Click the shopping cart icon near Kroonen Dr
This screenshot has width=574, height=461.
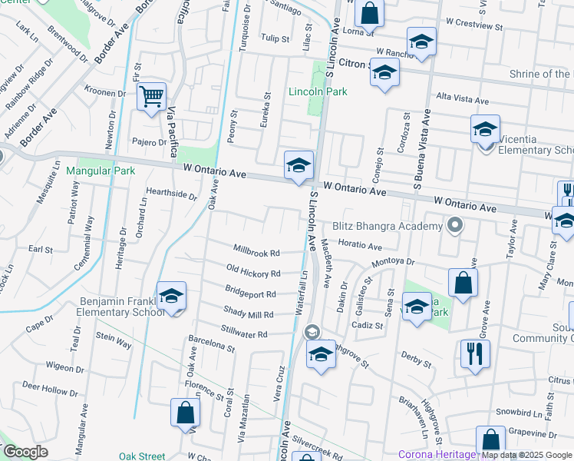[x=152, y=97]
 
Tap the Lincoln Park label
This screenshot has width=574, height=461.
[x=318, y=92]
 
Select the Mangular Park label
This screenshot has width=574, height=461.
[x=101, y=171]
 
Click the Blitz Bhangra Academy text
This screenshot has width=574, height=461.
[x=388, y=226]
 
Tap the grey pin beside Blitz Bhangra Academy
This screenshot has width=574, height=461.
[x=455, y=226]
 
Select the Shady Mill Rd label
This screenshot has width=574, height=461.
[x=248, y=314]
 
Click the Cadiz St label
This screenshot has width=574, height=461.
[x=368, y=325]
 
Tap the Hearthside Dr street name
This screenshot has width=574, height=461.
[x=171, y=194]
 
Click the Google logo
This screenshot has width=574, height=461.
[x=25, y=452]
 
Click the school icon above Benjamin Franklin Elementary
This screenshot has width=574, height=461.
[x=171, y=296]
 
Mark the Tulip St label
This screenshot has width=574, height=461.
[x=274, y=38]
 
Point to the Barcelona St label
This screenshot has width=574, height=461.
[x=211, y=348]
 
